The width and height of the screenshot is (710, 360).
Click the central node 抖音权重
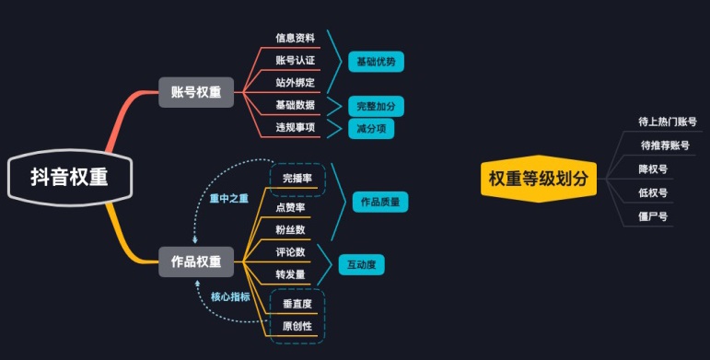69,178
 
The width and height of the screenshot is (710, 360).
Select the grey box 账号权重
195,91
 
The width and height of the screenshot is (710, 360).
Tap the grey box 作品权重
195,261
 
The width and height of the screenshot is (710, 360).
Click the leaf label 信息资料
295,39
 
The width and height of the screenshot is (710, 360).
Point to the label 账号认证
295,61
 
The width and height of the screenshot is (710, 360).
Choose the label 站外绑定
295,83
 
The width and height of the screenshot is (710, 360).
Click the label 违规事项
295,127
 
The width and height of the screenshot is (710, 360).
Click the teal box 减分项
370,128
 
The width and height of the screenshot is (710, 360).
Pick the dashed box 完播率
297,177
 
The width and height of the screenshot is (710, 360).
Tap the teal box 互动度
361,264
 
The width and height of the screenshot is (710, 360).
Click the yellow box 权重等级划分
539,178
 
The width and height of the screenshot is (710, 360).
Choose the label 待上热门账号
667,122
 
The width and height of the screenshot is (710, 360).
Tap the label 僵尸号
653,217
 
